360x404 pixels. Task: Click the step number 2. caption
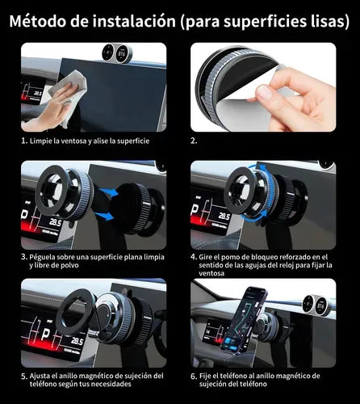pyautogui.click(x=194, y=140)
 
